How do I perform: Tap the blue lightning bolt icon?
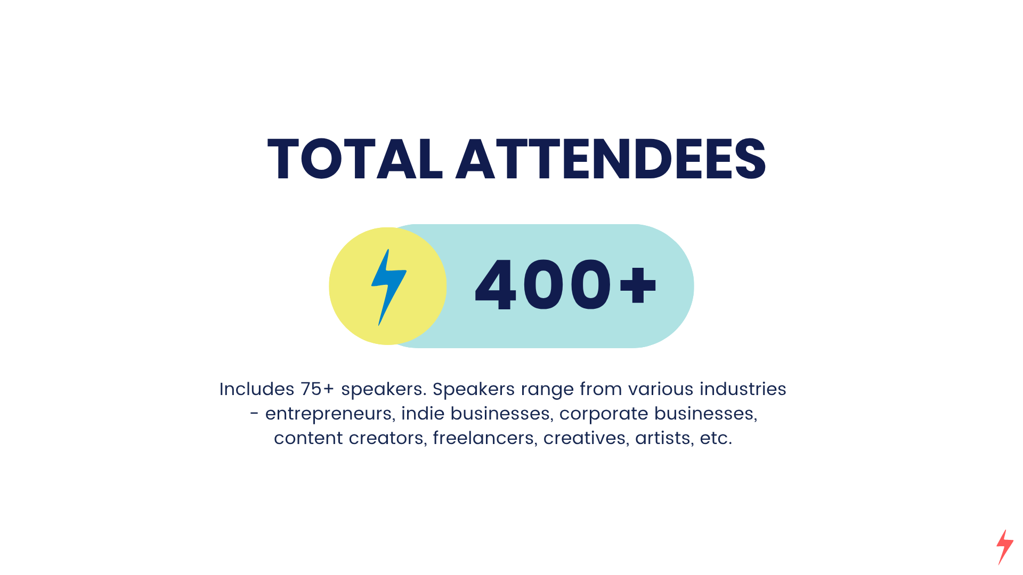pyautogui.click(x=389, y=287)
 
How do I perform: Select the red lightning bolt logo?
pyautogui.click(x=1005, y=547)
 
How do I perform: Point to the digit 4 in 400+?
pyautogui.click(x=496, y=284)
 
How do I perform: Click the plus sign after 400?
pyautogui.click(x=638, y=285)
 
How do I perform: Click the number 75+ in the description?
pyautogui.click(x=318, y=389)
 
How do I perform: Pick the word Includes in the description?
pyautogui.click(x=257, y=389)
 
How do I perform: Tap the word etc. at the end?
pyautogui.click(x=716, y=438)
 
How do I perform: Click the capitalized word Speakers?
pyautogui.click(x=474, y=389)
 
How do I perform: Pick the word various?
pyautogui.click(x=661, y=389)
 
